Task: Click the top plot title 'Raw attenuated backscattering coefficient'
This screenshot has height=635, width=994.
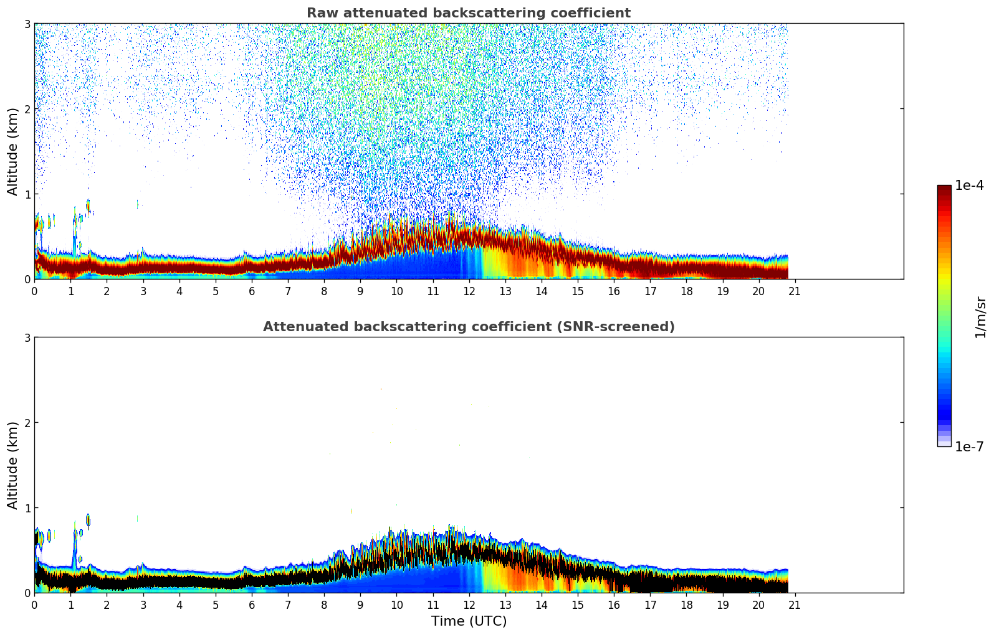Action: [468, 13]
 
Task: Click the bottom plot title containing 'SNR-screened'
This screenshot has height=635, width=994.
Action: [468, 327]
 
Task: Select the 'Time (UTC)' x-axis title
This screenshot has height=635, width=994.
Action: [469, 621]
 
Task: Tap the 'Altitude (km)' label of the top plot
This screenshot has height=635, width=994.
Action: [13, 151]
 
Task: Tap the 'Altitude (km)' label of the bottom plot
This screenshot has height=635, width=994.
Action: [13, 465]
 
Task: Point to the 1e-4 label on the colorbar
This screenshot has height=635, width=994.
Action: [969, 186]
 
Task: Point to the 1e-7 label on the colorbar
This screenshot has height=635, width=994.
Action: [969, 446]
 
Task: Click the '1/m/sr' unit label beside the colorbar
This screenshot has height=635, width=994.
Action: [980, 317]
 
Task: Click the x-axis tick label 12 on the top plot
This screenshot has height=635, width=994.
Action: [469, 291]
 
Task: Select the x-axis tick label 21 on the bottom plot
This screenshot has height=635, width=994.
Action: [795, 604]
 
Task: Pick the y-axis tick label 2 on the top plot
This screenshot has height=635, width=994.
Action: [27, 109]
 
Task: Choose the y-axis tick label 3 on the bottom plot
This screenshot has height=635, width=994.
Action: [27, 337]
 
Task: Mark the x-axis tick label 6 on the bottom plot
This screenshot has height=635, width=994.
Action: [252, 604]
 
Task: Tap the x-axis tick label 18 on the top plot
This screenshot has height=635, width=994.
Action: [686, 291]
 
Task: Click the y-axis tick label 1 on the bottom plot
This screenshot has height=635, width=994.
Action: [27, 508]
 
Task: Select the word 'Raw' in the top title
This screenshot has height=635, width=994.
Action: [319, 13]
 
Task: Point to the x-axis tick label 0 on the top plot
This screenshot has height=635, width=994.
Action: [34, 291]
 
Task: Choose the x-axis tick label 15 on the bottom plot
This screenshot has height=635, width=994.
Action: [578, 604]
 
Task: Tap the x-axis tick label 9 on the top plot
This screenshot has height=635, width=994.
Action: [360, 291]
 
